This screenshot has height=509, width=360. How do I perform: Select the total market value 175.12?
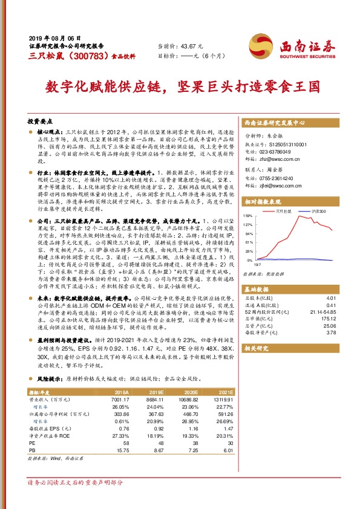click(329, 317)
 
